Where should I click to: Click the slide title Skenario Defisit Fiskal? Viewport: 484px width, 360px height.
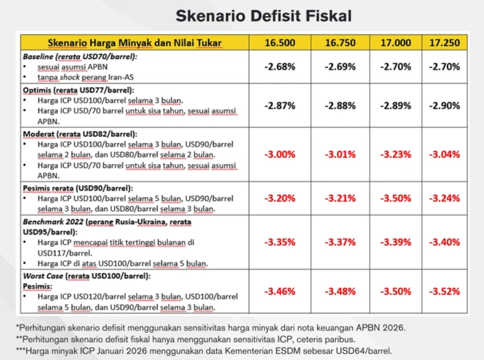coord(241,14)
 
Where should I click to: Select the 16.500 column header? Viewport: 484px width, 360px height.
coord(279,43)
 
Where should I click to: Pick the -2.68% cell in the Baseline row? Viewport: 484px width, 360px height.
coord(279,67)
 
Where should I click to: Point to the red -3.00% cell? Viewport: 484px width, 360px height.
coord(279,154)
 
